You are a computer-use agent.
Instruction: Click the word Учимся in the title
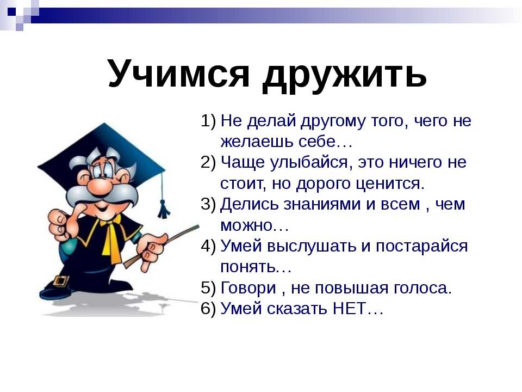(x=178, y=73)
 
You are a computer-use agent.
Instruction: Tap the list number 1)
(x=208, y=120)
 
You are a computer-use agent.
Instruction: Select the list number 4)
(x=208, y=246)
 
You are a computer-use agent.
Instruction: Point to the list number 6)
(x=208, y=308)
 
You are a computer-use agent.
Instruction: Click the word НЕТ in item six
(x=349, y=308)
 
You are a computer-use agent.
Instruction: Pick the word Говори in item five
(x=248, y=288)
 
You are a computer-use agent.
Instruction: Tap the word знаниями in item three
(x=322, y=204)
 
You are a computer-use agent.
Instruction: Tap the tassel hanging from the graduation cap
(x=163, y=209)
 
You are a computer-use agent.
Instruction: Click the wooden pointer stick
(x=162, y=245)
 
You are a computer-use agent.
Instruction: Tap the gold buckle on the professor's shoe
(x=60, y=281)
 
